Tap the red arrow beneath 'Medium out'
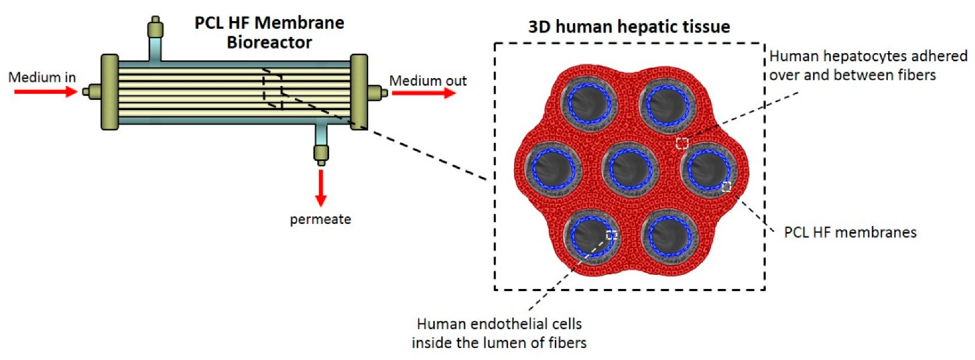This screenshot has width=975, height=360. click(x=424, y=93)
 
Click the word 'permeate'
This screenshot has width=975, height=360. click(x=320, y=220)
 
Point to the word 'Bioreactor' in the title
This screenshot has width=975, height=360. click(x=269, y=42)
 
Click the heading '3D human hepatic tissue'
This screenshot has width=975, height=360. click(x=629, y=27)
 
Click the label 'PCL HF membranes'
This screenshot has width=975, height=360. click(x=850, y=233)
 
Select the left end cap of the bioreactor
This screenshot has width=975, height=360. click(x=110, y=92)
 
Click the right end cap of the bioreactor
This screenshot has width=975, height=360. click(x=359, y=92)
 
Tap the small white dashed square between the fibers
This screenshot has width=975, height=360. click(x=682, y=143)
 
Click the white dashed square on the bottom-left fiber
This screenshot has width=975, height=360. click(x=611, y=235)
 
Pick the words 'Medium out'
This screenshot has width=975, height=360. click(x=428, y=81)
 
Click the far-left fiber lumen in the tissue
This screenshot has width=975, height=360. click(x=552, y=169)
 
